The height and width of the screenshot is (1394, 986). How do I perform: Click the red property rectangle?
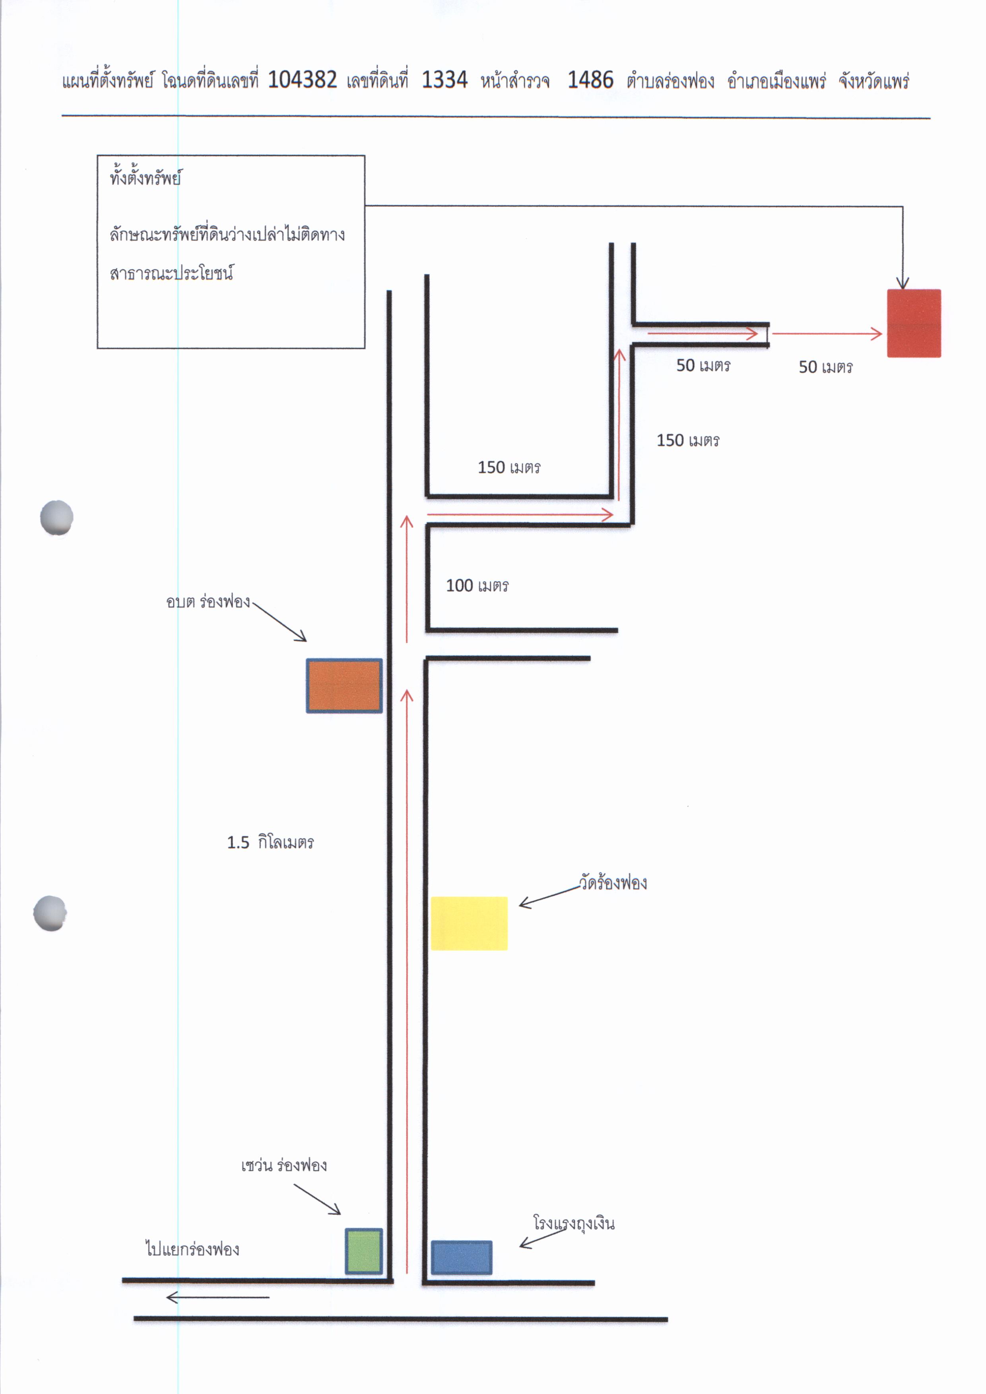coord(914,323)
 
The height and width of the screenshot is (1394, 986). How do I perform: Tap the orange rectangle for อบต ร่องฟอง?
coord(344,685)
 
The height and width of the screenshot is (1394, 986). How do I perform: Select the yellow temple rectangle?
coord(469,923)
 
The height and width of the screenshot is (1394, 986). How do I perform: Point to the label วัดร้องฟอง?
coord(613,882)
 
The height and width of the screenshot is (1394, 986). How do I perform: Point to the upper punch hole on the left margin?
coord(56,517)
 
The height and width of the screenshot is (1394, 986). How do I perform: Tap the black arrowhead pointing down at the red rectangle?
coord(903,282)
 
